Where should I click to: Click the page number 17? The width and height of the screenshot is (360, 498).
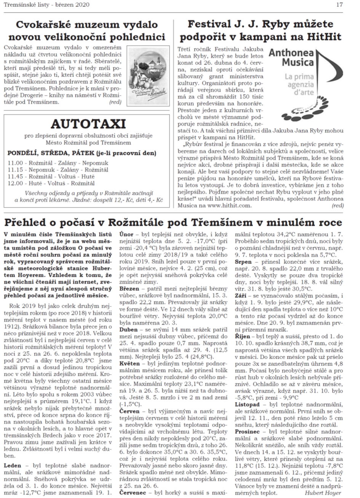(350, 5)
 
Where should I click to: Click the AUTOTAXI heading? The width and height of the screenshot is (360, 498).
(88, 124)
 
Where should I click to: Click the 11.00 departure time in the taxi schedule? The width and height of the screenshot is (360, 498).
(15, 163)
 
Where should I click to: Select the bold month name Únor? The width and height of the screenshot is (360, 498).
(126, 233)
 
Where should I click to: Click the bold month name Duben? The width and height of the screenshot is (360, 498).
(129, 329)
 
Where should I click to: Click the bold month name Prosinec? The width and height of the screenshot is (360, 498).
(248, 431)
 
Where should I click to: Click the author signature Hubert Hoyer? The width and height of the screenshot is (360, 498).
(324, 493)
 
